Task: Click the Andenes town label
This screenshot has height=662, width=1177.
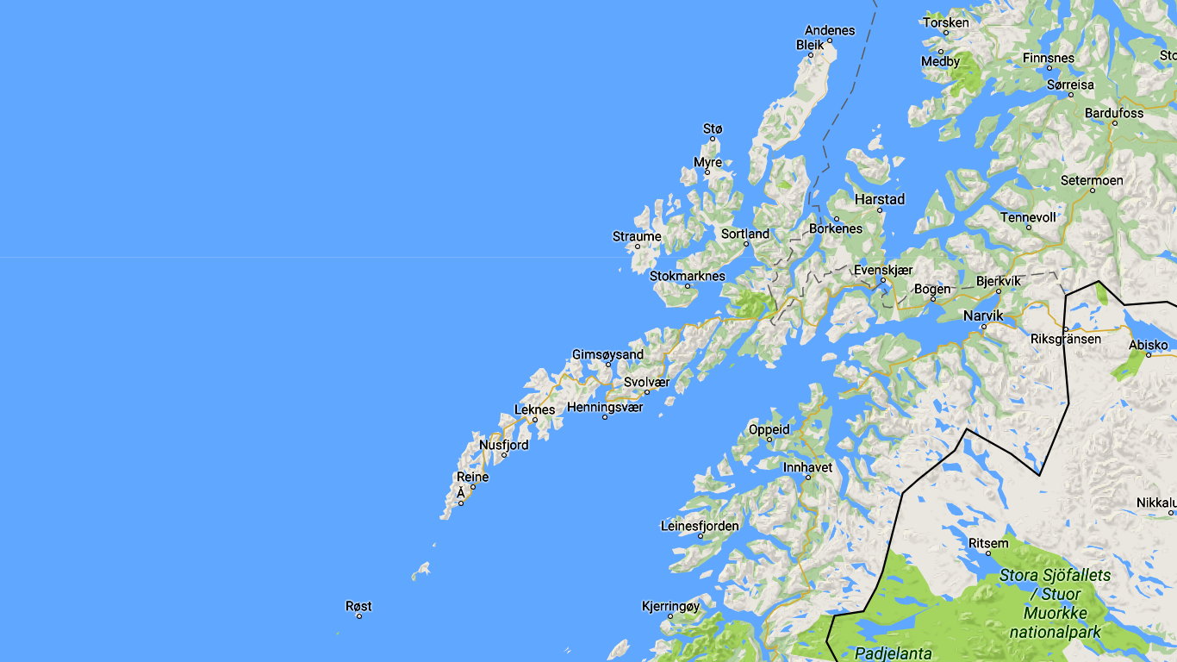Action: pyautogui.click(x=830, y=30)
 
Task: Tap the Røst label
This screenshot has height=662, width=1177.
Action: pyautogui.click(x=358, y=606)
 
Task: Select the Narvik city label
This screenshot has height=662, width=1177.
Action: pyautogui.click(x=983, y=315)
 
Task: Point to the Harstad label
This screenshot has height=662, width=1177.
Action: pyautogui.click(x=880, y=199)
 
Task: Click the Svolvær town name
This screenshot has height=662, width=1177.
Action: pyautogui.click(x=646, y=382)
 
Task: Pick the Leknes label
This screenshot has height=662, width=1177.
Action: pyautogui.click(x=534, y=409)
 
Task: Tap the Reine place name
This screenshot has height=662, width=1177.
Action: pyautogui.click(x=472, y=477)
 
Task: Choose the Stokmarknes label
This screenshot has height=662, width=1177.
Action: pyautogui.click(x=687, y=276)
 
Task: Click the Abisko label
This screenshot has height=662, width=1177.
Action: pyautogui.click(x=1149, y=345)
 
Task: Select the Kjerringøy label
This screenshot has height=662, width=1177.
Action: pyautogui.click(x=670, y=606)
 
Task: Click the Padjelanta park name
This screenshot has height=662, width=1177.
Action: pyautogui.click(x=893, y=653)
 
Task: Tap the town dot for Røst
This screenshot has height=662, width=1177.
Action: pyautogui.click(x=359, y=616)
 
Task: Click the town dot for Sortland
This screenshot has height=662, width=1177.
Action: pyautogui.click(x=747, y=244)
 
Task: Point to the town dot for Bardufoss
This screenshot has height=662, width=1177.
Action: pyautogui.click(x=1114, y=123)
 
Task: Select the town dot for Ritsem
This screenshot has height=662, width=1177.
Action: pyautogui.click(x=988, y=553)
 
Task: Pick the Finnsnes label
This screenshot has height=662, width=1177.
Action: pyautogui.click(x=1049, y=58)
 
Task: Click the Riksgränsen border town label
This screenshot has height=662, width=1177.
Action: pyautogui.click(x=1066, y=339)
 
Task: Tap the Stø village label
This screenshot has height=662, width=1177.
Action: pyautogui.click(x=713, y=128)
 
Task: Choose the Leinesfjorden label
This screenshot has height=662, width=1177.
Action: pyautogui.click(x=700, y=526)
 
